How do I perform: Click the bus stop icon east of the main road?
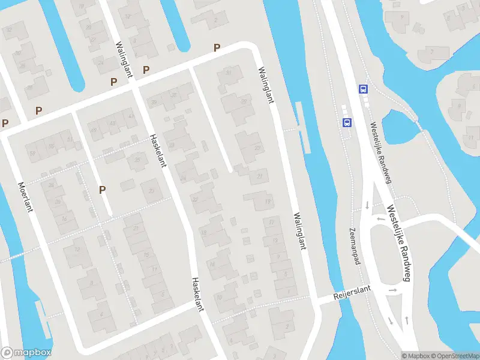tap(362, 89)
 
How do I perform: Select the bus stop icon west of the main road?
tap(346, 122)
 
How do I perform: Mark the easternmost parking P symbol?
tap(217, 47)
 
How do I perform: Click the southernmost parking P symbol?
tap(103, 190)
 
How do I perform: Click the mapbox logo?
tap(26, 353)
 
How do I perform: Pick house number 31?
tap(228, 73)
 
